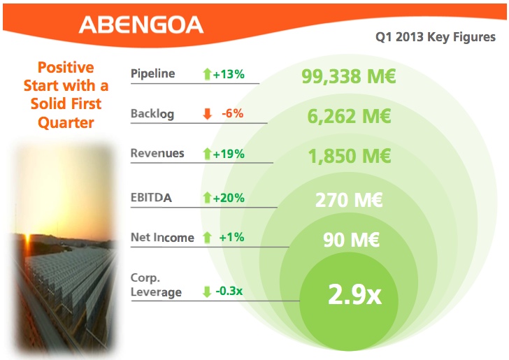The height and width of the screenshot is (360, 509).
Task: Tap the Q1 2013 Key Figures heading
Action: coord(436,37)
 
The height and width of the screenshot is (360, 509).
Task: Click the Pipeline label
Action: coord(152,73)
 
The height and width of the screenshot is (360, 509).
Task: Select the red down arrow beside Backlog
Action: coord(207,114)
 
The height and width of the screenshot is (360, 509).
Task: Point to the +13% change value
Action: coord(229,74)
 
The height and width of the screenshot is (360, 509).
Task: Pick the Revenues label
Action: coord(157,154)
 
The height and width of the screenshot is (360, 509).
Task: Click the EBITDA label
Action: coord(151,198)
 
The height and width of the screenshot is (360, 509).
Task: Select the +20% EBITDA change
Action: coord(229,199)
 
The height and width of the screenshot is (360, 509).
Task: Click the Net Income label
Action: coord(162,238)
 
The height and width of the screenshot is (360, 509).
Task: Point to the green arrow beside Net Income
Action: coord(207,238)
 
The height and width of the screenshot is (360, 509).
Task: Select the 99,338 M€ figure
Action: coord(349,76)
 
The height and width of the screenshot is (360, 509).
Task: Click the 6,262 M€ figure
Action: coord(349,116)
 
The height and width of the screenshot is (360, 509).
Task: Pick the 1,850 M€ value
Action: coord(349,157)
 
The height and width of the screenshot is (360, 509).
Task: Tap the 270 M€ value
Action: coord(349,201)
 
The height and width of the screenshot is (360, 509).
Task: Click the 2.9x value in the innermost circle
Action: coord(354,294)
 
